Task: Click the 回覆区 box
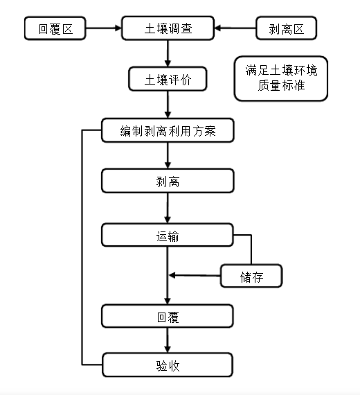(x=55, y=28)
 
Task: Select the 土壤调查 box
(x=168, y=28)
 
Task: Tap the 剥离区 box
(x=286, y=28)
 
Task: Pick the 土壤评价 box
(x=168, y=79)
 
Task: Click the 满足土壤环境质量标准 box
(x=281, y=78)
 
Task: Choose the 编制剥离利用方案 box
(x=168, y=130)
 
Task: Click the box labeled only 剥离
(x=168, y=181)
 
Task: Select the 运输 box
(x=168, y=235)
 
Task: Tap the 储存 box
(x=251, y=276)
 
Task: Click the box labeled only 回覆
(x=168, y=316)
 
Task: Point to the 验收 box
(x=168, y=365)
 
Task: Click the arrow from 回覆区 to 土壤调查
(x=103, y=28)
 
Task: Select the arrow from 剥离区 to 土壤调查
(x=235, y=28)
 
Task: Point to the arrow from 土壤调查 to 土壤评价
(x=168, y=53)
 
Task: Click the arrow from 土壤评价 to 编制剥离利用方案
(x=168, y=105)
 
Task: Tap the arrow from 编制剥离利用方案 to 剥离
(x=168, y=156)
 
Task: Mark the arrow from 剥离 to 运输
(x=168, y=208)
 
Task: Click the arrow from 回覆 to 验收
(x=168, y=340)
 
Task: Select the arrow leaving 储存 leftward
(x=195, y=275)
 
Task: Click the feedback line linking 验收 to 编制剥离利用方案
(x=82, y=247)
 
